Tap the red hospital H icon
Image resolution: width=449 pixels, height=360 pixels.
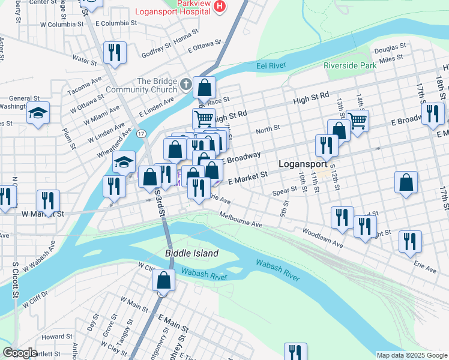point(220,7)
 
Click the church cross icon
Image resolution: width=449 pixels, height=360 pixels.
point(187,84)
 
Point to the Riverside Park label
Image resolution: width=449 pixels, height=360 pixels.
point(349,65)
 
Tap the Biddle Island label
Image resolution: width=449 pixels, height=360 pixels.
point(191,253)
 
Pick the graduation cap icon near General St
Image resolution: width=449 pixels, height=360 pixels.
point(38,113)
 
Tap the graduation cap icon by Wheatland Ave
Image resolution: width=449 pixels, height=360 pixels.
point(124,162)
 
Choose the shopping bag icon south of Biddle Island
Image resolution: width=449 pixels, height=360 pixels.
point(163,280)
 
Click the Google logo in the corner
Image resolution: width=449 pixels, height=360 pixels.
point(20,353)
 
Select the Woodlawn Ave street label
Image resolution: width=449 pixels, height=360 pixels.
point(322,238)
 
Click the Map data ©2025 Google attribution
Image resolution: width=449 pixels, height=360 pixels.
point(411,355)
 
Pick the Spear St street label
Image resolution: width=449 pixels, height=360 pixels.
point(285,191)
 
